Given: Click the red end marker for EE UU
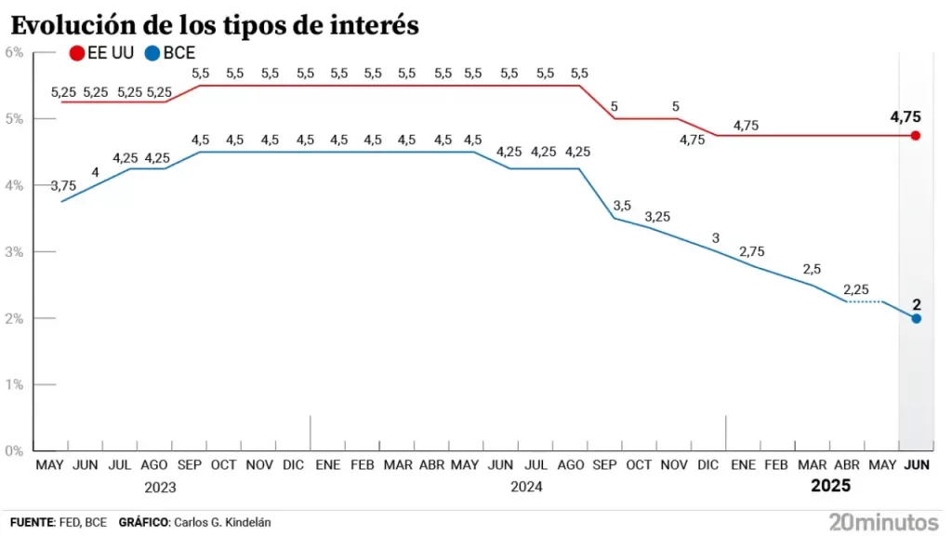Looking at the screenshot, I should [x=916, y=136].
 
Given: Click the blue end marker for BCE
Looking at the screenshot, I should [x=916, y=318].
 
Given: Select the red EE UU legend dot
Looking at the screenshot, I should [x=77, y=54].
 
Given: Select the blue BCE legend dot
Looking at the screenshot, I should [x=152, y=54].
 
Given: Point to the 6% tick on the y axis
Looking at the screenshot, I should [x=14, y=52].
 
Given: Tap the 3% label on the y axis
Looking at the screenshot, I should [x=14, y=251].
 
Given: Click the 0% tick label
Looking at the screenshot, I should [x=14, y=450].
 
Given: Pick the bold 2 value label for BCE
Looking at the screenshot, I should [x=916, y=303].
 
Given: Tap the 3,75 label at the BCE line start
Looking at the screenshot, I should [x=63, y=186].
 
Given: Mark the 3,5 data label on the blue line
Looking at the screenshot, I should [x=622, y=205].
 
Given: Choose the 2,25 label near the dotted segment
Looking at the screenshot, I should [x=857, y=288].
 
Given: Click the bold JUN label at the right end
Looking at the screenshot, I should [x=916, y=464].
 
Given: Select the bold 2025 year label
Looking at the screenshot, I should [x=830, y=486].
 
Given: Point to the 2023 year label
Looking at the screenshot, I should [x=160, y=486].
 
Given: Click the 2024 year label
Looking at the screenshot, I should [x=526, y=486].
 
